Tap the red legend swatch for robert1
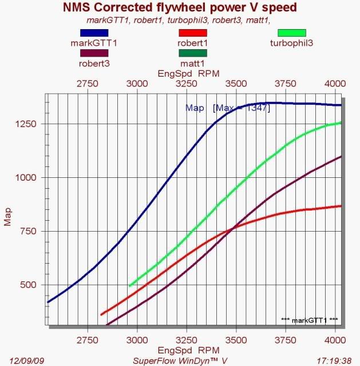[192, 33]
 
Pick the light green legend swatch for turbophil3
[291, 33]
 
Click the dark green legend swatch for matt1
[192, 53]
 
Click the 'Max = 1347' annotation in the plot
[241, 108]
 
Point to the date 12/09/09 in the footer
[22, 360]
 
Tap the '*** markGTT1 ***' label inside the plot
[310, 320]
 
